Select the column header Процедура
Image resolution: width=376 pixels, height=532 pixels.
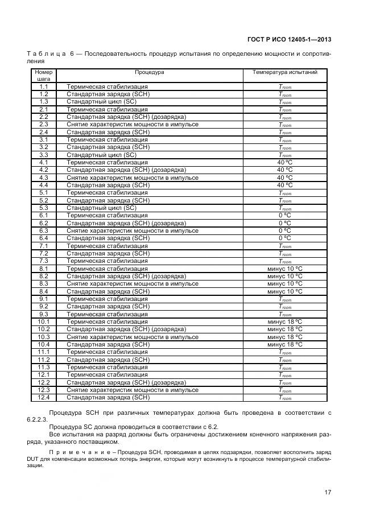point(149,73)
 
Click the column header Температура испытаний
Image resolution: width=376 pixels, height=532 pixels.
point(284,73)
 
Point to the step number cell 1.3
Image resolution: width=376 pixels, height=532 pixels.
point(44,101)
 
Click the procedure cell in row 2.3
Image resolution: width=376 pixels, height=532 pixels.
point(133,124)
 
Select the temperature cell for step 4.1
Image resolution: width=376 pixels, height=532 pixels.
point(284,162)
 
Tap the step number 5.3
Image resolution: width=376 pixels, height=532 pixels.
point(44,208)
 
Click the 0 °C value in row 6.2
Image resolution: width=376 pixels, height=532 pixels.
point(284,223)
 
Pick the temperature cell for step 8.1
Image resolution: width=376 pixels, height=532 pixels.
point(284,269)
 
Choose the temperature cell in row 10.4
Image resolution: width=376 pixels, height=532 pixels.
point(284,344)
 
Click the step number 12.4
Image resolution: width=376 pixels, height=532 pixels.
point(44,398)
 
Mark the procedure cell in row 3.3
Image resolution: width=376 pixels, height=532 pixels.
point(101,155)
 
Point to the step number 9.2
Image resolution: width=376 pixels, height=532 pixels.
point(44,306)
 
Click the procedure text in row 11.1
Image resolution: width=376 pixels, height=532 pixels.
point(107,352)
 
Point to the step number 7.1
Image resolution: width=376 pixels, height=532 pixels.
point(44,246)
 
